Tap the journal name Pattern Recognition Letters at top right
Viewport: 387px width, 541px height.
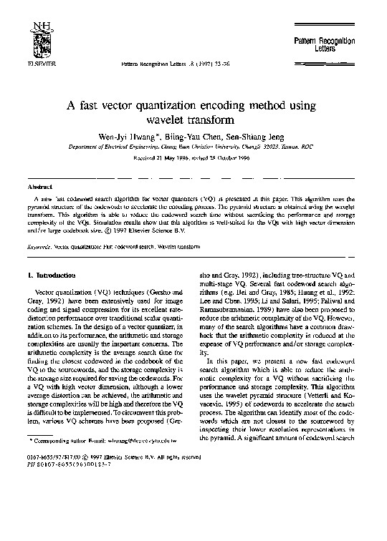(x=325, y=47)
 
